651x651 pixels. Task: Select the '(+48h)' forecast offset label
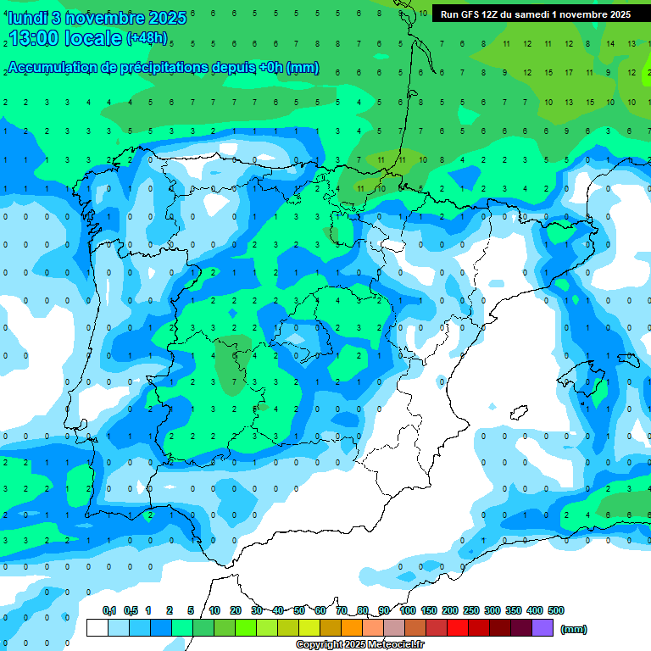point(147,38)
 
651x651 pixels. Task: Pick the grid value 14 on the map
point(610,42)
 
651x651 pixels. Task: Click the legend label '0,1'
point(109,610)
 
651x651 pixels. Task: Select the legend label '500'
point(556,610)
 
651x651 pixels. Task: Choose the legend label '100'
point(408,610)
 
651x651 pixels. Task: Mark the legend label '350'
point(514,610)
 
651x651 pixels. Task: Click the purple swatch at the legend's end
point(542,627)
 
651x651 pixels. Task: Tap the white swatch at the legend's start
point(97,627)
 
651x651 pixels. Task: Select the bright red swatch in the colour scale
point(458,627)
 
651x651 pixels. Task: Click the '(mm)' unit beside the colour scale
point(574,629)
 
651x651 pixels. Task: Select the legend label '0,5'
point(131,610)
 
